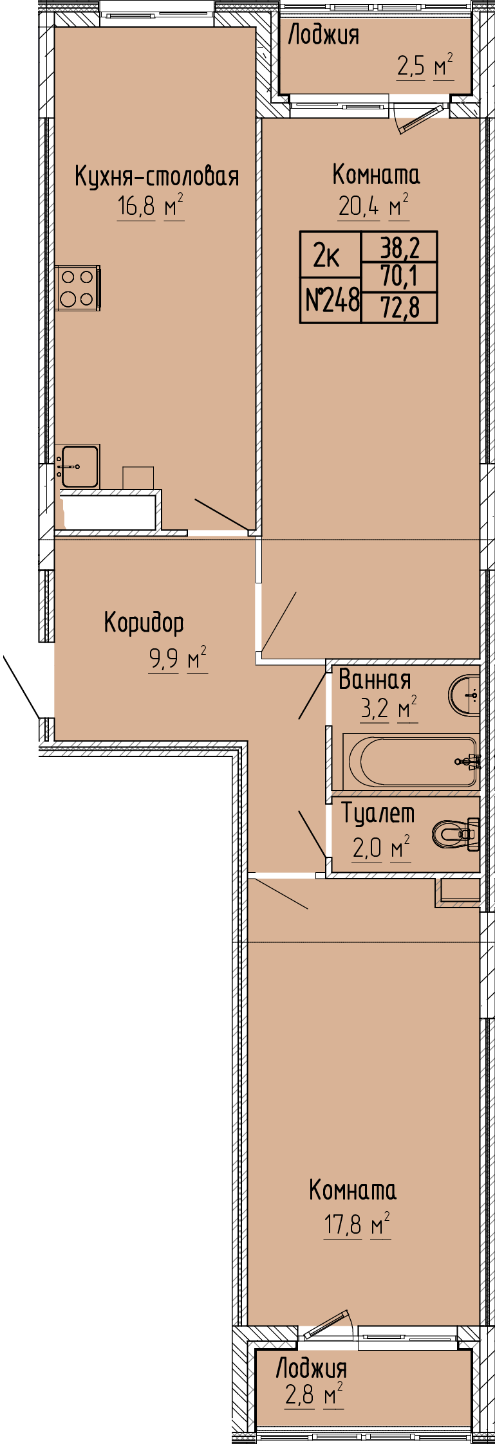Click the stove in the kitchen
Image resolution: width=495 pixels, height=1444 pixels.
(x=77, y=288)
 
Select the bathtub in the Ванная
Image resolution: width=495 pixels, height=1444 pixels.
(x=411, y=762)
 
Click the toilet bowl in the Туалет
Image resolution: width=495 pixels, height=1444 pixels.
(x=456, y=834)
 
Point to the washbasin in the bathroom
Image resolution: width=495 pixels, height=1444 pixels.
(x=464, y=695)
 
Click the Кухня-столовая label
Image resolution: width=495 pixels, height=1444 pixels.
(x=157, y=176)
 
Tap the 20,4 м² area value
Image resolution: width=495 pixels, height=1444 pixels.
(x=374, y=206)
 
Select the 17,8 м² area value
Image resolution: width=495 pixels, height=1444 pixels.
(x=357, y=1225)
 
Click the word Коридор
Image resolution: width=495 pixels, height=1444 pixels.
(x=144, y=623)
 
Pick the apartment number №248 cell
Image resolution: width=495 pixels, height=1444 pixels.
(x=332, y=300)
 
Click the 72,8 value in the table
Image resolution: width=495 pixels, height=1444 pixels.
(x=400, y=307)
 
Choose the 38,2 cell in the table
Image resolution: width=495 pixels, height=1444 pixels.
(x=400, y=246)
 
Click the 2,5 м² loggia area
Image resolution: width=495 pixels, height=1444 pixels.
(x=425, y=67)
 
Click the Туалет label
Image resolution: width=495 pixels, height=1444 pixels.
(x=378, y=814)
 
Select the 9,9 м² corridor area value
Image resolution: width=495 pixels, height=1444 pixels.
(x=178, y=660)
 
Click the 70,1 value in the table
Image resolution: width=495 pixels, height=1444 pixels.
(x=400, y=277)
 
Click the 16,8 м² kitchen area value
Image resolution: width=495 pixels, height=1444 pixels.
(x=151, y=207)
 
